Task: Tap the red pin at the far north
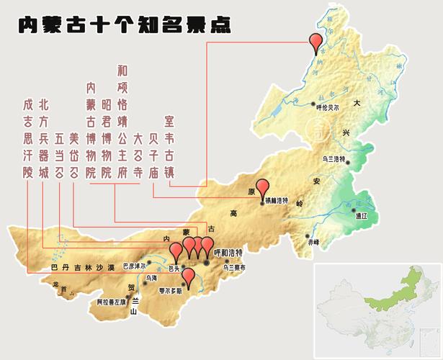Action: pyautogui.click(x=315, y=42)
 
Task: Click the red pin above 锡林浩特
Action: pyautogui.click(x=263, y=188)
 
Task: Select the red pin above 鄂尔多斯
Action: pyautogui.click(x=188, y=276)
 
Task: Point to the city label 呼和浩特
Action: pyautogui.click(x=228, y=254)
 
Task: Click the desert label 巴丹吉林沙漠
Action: pyautogui.click(x=83, y=267)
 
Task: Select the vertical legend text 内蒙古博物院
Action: pyautogui.click(x=91, y=130)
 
